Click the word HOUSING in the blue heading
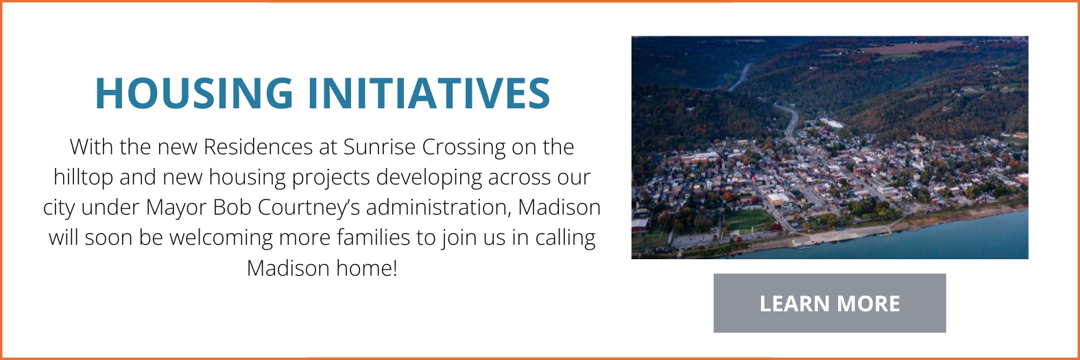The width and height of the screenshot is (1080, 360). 194,93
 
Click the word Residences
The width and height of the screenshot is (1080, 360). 259,147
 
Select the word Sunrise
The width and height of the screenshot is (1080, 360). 379,147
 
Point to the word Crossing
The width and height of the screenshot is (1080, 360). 464,147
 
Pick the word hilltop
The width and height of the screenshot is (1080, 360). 84,178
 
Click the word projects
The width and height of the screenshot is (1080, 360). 332,178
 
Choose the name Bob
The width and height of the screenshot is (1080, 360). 232,208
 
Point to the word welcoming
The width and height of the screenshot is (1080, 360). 220,238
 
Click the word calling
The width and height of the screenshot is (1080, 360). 566,238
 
